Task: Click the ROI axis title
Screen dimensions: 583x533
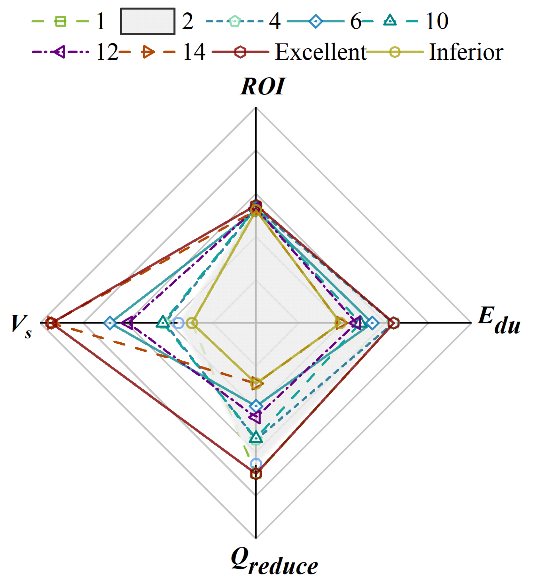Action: [263, 87]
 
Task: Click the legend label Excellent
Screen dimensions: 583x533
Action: [320, 52]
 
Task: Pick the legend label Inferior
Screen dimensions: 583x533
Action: [466, 52]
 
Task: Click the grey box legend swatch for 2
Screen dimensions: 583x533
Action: [147, 21]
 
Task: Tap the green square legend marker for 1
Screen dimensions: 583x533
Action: [60, 21]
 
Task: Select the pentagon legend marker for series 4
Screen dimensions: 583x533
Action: [235, 21]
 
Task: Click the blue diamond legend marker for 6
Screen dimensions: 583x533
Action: [316, 21]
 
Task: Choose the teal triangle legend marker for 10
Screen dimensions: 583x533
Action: [390, 21]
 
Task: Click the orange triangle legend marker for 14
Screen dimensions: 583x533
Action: [147, 52]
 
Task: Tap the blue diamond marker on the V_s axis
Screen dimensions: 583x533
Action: [110, 323]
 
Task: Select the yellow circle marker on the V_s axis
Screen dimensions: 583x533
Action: [192, 323]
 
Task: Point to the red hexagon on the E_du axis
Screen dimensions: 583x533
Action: [393, 323]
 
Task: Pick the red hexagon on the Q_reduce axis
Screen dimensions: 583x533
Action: [256, 474]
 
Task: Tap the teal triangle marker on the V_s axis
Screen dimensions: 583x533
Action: [163, 322]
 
